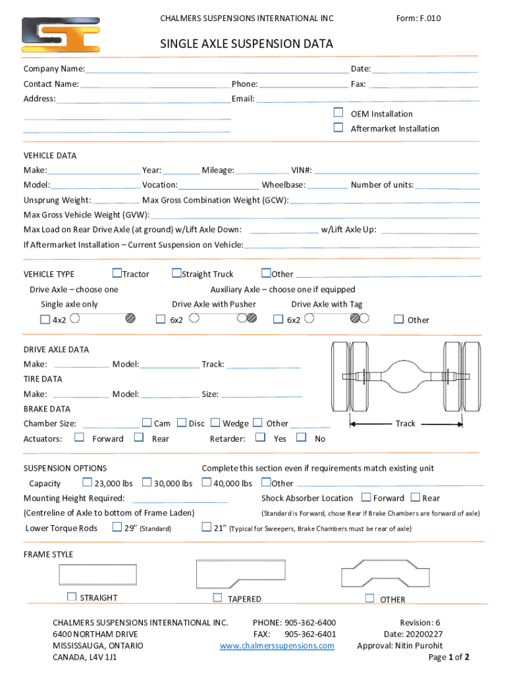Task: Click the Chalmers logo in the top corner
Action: pyautogui.click(x=61, y=35)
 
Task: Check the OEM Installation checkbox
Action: pyautogui.click(x=338, y=113)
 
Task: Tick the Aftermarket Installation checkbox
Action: pyautogui.click(x=338, y=128)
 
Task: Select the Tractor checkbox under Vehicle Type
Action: pyautogui.click(x=117, y=273)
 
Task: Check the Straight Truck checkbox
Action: pyautogui.click(x=176, y=273)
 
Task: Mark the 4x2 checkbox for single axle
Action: pyautogui.click(x=45, y=320)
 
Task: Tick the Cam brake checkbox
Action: pyautogui.click(x=147, y=423)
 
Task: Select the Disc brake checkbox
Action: pyautogui.click(x=182, y=423)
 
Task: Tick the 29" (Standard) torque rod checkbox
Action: pyautogui.click(x=117, y=527)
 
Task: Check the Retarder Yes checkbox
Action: pyautogui.click(x=260, y=437)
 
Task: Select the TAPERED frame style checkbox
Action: pyautogui.click(x=217, y=598)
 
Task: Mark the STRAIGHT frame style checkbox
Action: pyautogui.click(x=71, y=597)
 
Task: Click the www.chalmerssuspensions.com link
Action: pyautogui.click(x=277, y=646)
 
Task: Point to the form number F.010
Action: pyautogui.click(x=418, y=18)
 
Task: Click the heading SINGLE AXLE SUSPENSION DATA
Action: pyautogui.click(x=247, y=44)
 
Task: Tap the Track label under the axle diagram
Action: pyautogui.click(x=405, y=423)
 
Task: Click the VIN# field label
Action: pyautogui.click(x=302, y=170)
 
